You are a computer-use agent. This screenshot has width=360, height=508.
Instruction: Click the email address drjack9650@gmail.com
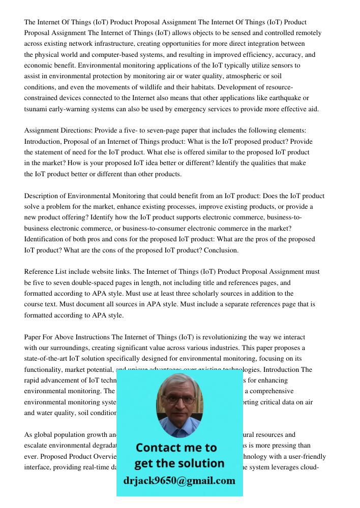[179, 481]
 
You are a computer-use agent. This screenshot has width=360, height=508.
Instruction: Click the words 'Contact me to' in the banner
[176, 448]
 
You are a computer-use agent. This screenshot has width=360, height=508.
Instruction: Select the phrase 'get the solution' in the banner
[179, 463]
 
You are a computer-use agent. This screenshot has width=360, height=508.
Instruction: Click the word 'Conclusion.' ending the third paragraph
[221, 250]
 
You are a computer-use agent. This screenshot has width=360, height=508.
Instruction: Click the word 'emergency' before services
[192, 109]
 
